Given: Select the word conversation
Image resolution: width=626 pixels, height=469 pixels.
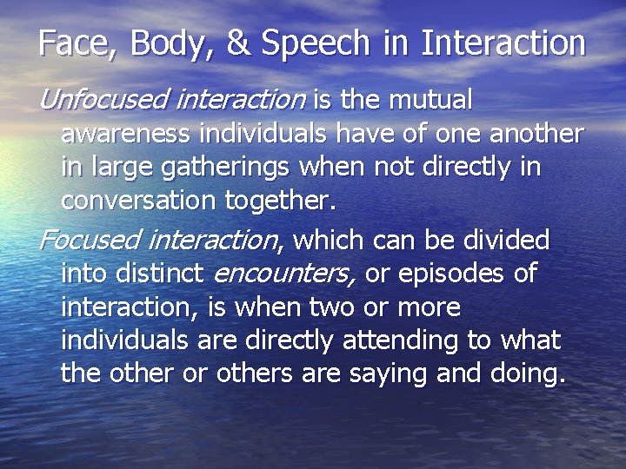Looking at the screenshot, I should (x=140, y=201).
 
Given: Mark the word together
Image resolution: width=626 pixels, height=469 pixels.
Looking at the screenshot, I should (x=279, y=201).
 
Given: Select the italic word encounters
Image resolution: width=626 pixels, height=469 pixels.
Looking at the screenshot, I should (x=283, y=273).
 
